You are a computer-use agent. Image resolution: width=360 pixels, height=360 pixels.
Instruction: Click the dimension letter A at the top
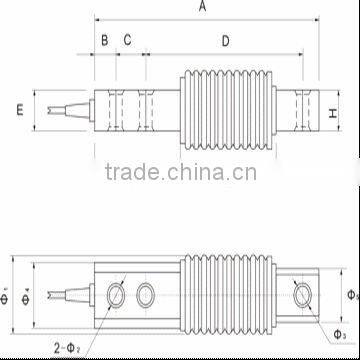202,7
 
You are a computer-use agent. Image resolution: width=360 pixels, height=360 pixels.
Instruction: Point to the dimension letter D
225,40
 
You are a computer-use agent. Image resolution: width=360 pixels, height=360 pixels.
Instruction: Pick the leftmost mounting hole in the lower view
116,294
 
